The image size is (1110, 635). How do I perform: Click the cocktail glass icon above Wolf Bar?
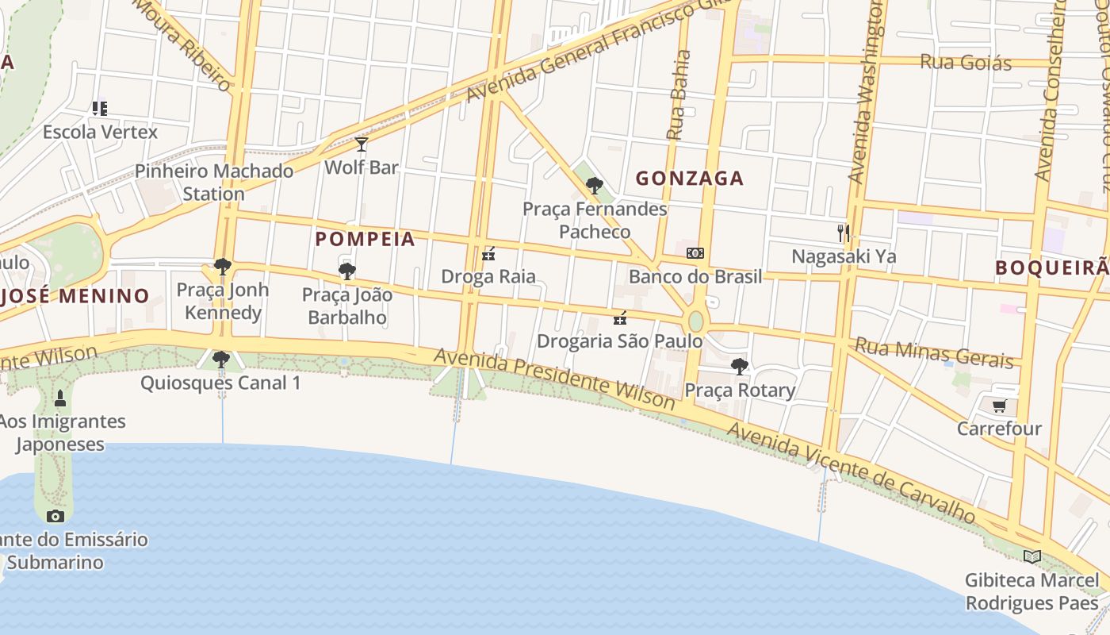[x=362, y=144]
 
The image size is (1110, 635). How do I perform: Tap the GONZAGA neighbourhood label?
[x=689, y=179]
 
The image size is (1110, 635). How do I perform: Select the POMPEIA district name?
[x=365, y=239]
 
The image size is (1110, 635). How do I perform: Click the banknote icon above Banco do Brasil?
[x=695, y=253]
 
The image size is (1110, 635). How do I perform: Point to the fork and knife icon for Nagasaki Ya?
[x=844, y=233]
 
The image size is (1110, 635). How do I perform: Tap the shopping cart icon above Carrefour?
[x=999, y=406]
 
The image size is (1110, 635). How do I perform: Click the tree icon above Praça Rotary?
[x=740, y=367]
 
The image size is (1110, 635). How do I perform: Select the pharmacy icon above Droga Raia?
[x=488, y=254]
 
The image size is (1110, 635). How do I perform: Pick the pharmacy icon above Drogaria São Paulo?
[x=620, y=318]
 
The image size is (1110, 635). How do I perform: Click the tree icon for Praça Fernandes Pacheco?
[x=594, y=186]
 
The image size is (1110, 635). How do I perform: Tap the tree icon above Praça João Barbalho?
[x=346, y=271]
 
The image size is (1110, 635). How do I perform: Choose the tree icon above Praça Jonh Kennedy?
[x=223, y=267]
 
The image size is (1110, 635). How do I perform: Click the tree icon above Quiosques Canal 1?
[x=221, y=360]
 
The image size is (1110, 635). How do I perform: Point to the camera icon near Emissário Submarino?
[x=55, y=516]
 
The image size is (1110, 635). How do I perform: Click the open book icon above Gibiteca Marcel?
[x=1032, y=556]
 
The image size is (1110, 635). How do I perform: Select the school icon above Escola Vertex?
[x=100, y=108]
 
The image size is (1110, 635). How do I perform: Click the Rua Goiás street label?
[x=965, y=62]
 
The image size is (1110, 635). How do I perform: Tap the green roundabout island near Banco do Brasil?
[x=695, y=321]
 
